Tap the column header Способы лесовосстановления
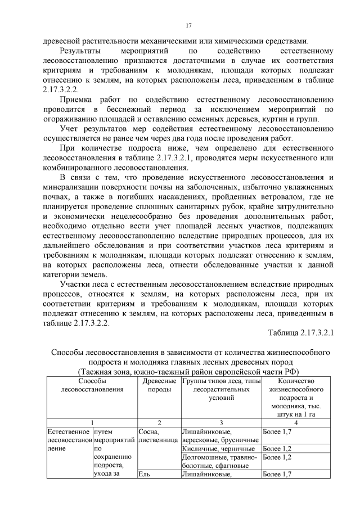click(91, 385)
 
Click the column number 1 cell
click(91, 422)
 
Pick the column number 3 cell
click(220, 422)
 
